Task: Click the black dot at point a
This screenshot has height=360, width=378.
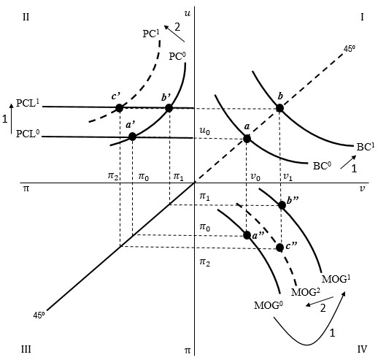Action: click(x=247, y=139)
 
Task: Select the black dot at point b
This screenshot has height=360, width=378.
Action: click(x=279, y=108)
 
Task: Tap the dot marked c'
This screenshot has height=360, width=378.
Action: click(x=119, y=108)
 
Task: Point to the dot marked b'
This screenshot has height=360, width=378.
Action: click(x=169, y=108)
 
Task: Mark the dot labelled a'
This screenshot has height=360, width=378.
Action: click(x=132, y=137)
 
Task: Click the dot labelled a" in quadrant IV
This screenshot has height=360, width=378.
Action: click(x=247, y=235)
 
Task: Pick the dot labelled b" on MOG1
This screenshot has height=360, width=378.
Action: click(x=282, y=205)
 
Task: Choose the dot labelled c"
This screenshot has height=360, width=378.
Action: click(x=279, y=248)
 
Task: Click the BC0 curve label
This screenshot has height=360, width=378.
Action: click(x=322, y=166)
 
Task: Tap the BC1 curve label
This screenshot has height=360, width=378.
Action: click(x=366, y=147)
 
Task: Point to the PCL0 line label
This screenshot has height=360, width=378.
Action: click(x=28, y=134)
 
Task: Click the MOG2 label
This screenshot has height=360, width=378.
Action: click(x=306, y=292)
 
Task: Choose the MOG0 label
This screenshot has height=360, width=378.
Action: click(x=269, y=305)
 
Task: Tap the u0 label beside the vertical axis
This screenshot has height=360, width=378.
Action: click(x=204, y=131)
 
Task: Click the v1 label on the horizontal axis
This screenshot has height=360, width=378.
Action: click(x=288, y=177)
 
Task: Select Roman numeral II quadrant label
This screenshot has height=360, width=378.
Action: click(x=26, y=18)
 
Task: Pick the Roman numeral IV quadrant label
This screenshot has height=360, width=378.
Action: click(x=362, y=349)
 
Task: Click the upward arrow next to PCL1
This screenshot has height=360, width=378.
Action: click(x=11, y=118)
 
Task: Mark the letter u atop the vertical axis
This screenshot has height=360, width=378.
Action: click(x=187, y=13)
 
